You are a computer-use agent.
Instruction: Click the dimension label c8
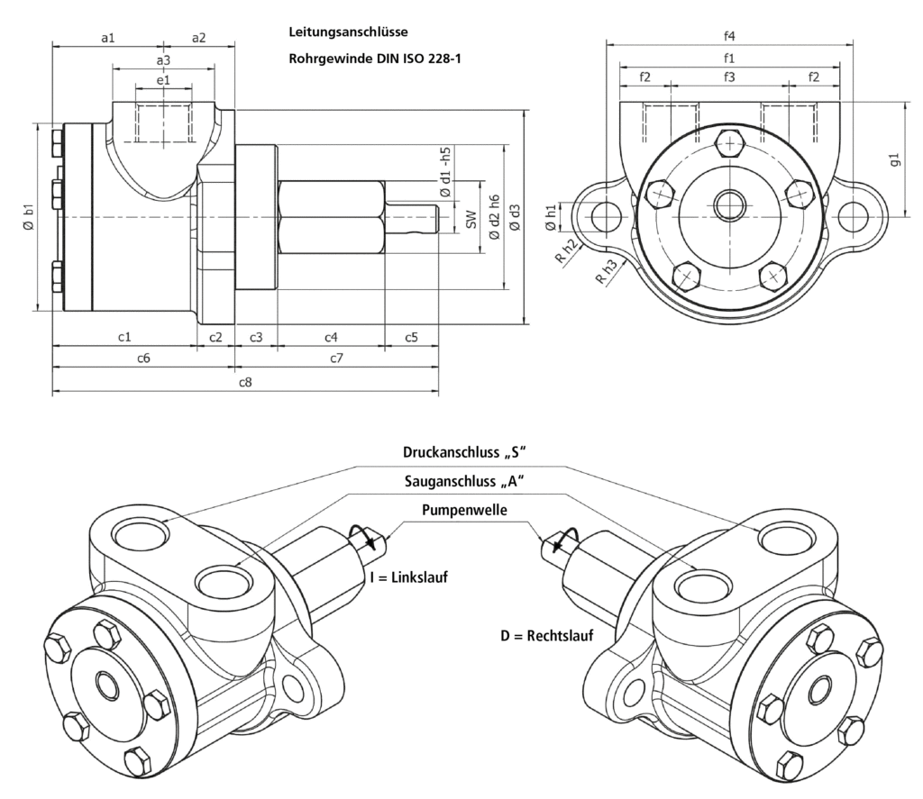pyautogui.click(x=244, y=383)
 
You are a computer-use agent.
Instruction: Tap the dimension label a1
pyautogui.click(x=107, y=37)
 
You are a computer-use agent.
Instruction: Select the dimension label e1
pyautogui.click(x=163, y=80)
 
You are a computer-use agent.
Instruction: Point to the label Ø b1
pyautogui.click(x=28, y=215)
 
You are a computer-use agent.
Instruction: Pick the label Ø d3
pyautogui.click(x=515, y=215)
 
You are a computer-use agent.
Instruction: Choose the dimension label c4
pyautogui.click(x=331, y=337)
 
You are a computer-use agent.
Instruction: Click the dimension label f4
pyautogui.click(x=729, y=36)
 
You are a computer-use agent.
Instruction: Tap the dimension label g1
pyautogui.click(x=894, y=160)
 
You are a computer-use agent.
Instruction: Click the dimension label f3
pyautogui.click(x=729, y=77)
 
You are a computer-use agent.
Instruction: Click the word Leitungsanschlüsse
pyautogui.click(x=349, y=32)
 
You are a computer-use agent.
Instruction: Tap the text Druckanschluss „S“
pyautogui.click(x=463, y=452)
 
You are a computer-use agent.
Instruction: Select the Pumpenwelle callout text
pyautogui.click(x=463, y=510)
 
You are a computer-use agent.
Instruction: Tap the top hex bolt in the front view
pyautogui.click(x=729, y=142)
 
